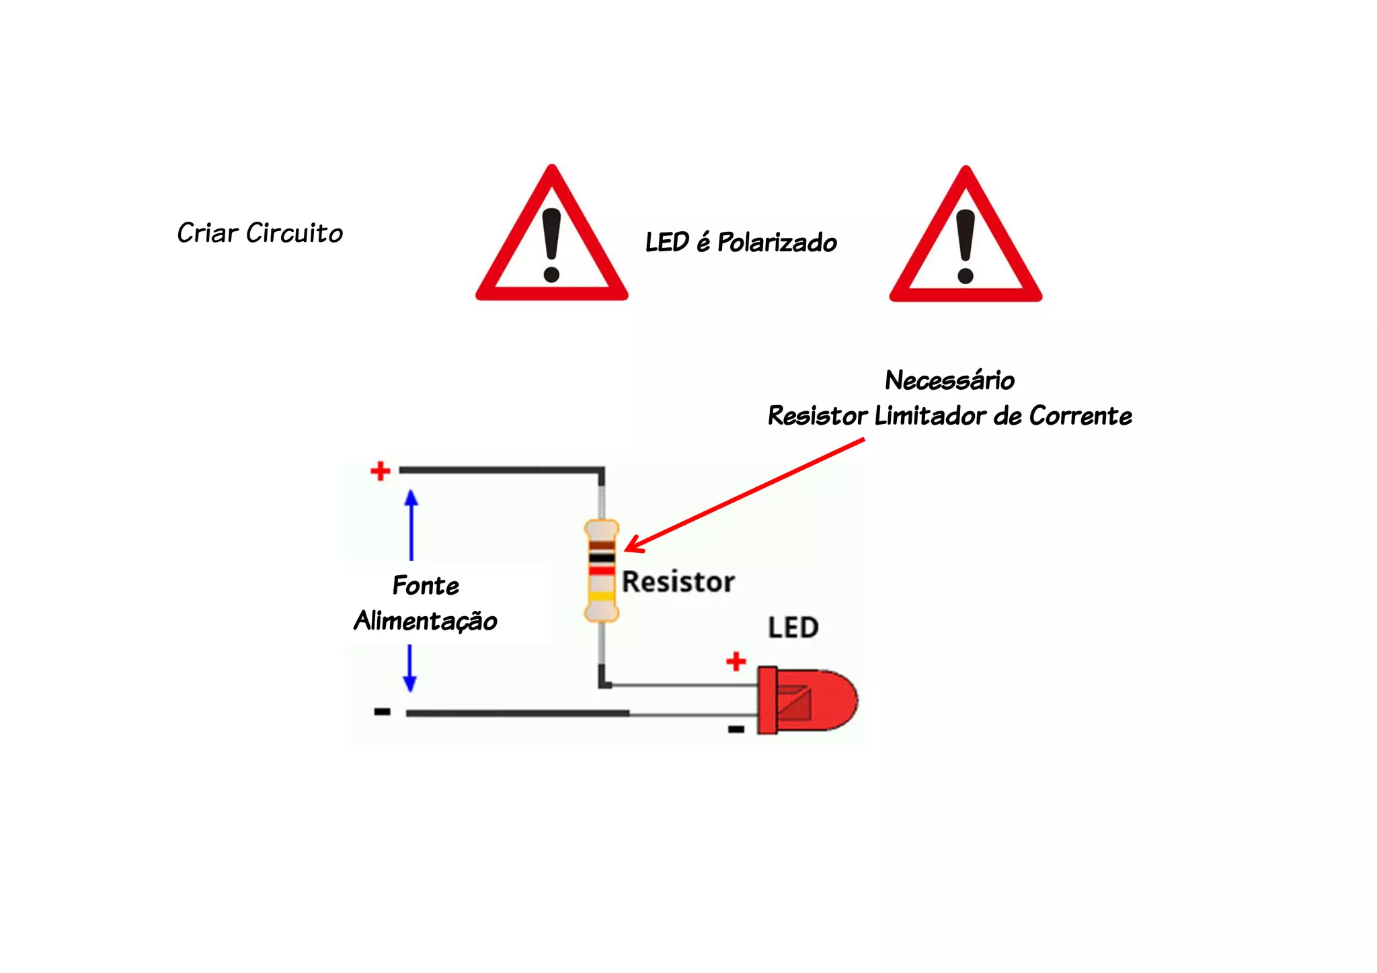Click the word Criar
coord(208,233)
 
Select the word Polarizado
coord(777,243)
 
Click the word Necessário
coord(949,380)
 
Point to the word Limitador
coord(931,416)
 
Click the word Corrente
coord(1080,416)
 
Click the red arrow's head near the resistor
coord(632,547)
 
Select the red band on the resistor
coord(602,570)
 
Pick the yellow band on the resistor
coord(602,596)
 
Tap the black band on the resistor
coord(602,558)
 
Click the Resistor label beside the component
coord(678,582)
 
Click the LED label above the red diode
coord(793,628)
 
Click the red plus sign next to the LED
coord(736,661)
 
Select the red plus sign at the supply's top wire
coord(381,470)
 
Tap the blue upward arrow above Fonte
coord(411,524)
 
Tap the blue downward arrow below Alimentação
coord(409,669)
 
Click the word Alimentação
coord(426,621)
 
